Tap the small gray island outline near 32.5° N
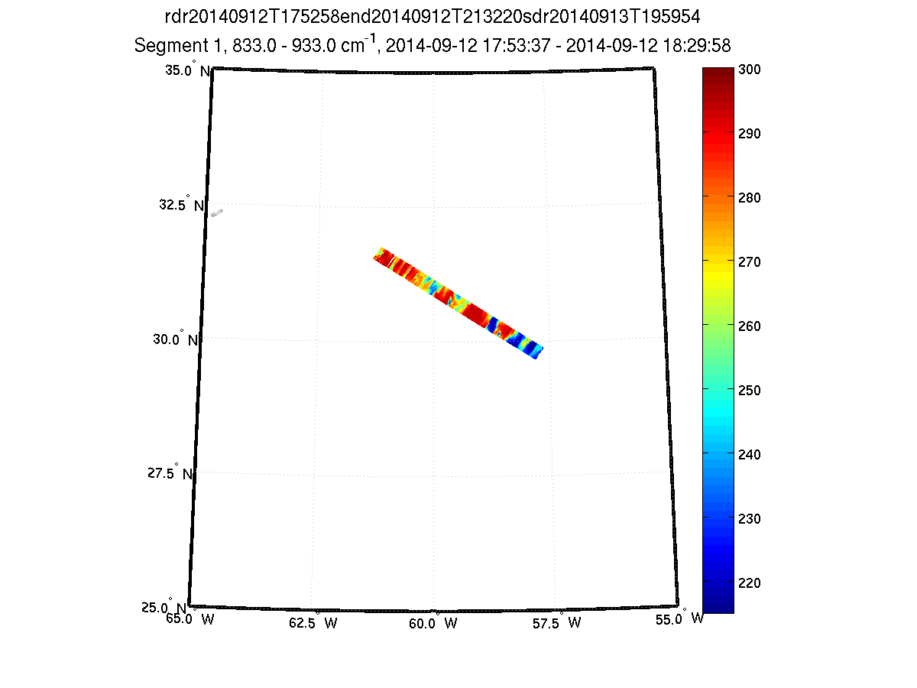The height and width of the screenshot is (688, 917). tap(217, 213)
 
